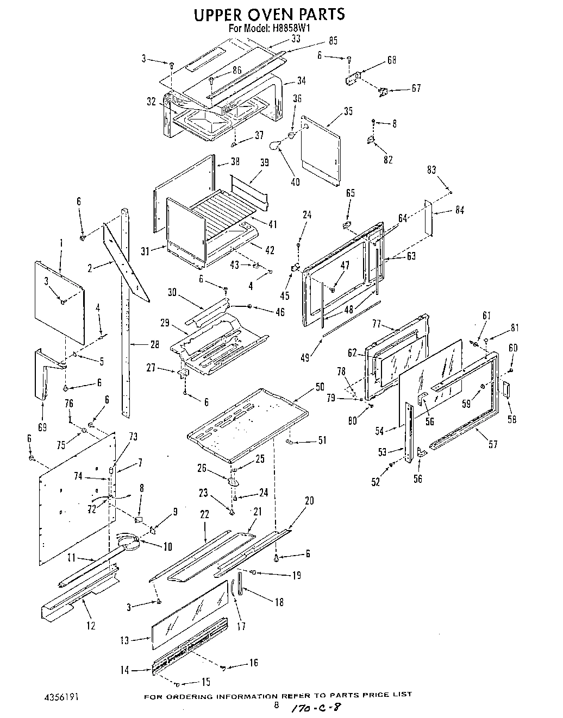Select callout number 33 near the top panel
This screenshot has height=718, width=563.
pos(296,39)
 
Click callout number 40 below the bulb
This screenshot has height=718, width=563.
pos(295,182)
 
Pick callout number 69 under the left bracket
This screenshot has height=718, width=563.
pos(42,427)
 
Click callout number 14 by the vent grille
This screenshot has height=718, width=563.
pos(126,670)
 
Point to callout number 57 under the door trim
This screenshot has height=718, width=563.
pos(493,445)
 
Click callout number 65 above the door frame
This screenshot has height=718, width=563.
pos(351,193)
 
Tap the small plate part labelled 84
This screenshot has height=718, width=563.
pos(428,218)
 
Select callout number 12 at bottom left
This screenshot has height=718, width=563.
pos(91,626)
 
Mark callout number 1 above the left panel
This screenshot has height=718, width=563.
pos(61,242)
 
